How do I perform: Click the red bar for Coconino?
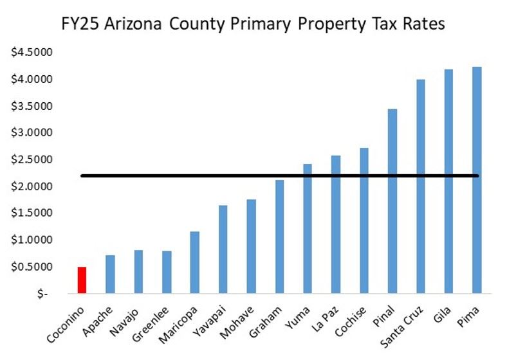click(82, 280)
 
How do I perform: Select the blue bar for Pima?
click(477, 180)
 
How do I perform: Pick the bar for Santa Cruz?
click(420, 186)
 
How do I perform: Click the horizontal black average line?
click(257, 175)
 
